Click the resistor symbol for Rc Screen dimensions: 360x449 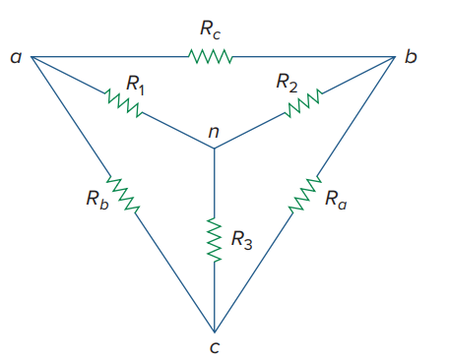[210, 56]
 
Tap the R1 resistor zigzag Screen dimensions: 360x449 [123, 100]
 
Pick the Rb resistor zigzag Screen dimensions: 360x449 [123, 194]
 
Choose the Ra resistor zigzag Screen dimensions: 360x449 [306, 194]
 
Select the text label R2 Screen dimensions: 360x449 [287, 84]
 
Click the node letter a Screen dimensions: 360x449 [15, 58]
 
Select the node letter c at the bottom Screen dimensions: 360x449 [214, 345]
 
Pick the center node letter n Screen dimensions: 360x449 [214, 133]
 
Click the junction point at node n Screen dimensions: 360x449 [214, 149]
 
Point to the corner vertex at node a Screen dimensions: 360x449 [32, 56]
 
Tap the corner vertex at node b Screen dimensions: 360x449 [395, 56]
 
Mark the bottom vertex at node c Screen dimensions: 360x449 [214, 330]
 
